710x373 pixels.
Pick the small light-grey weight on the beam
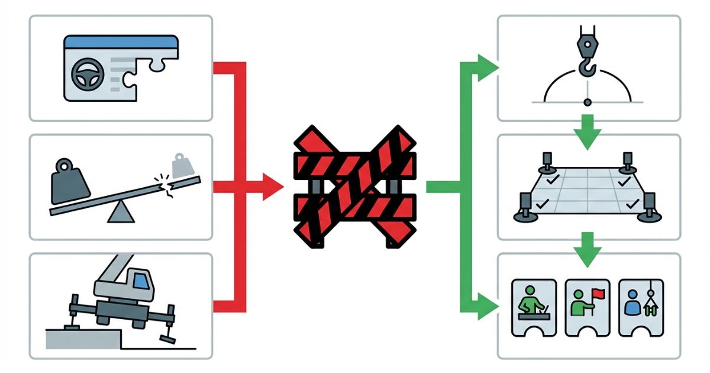pyautogui.click(x=180, y=164)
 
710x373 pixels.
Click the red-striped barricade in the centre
pyautogui.click(x=355, y=187)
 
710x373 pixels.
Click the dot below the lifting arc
pyautogui.click(x=587, y=103)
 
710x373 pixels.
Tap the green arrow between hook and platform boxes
pyautogui.click(x=587, y=125)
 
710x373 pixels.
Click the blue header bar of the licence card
pyautogui.click(x=121, y=43)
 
